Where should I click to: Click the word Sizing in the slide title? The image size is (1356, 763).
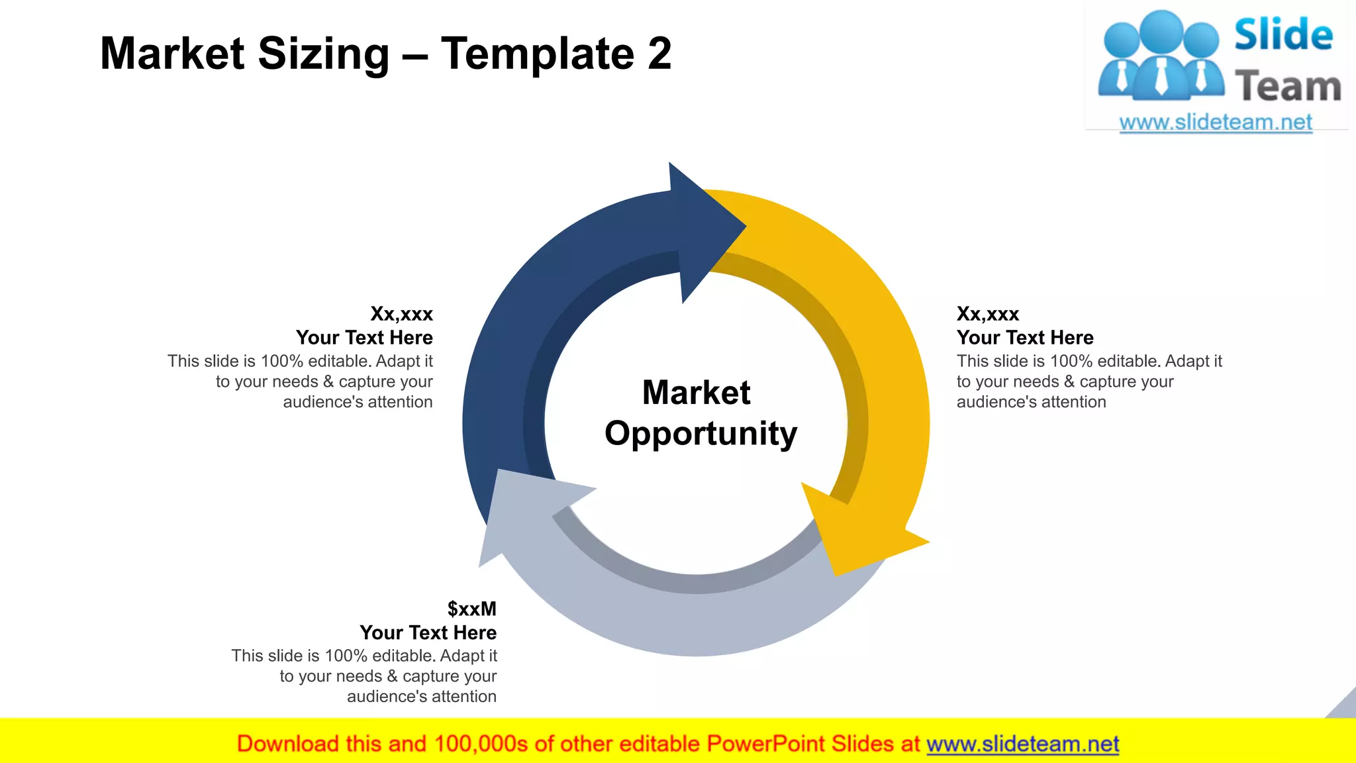(x=323, y=54)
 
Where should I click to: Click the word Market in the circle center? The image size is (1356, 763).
(x=696, y=392)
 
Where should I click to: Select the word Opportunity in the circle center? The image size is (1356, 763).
(x=701, y=434)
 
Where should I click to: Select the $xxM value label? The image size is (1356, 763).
(x=471, y=609)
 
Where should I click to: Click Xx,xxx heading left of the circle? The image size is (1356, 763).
(x=401, y=313)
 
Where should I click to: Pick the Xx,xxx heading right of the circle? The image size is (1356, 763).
(x=987, y=313)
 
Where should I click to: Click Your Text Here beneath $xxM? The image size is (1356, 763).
(x=428, y=633)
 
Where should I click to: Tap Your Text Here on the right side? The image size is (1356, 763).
(x=1025, y=338)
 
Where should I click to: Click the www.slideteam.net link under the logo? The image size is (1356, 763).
(x=1216, y=123)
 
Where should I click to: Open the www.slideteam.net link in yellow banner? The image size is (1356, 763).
(x=1022, y=744)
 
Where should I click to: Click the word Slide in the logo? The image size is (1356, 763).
(x=1283, y=35)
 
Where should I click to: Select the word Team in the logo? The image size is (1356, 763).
(x=1288, y=87)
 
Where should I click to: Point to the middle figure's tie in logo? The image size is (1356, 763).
(x=1161, y=76)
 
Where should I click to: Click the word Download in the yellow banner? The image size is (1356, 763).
(x=287, y=744)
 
